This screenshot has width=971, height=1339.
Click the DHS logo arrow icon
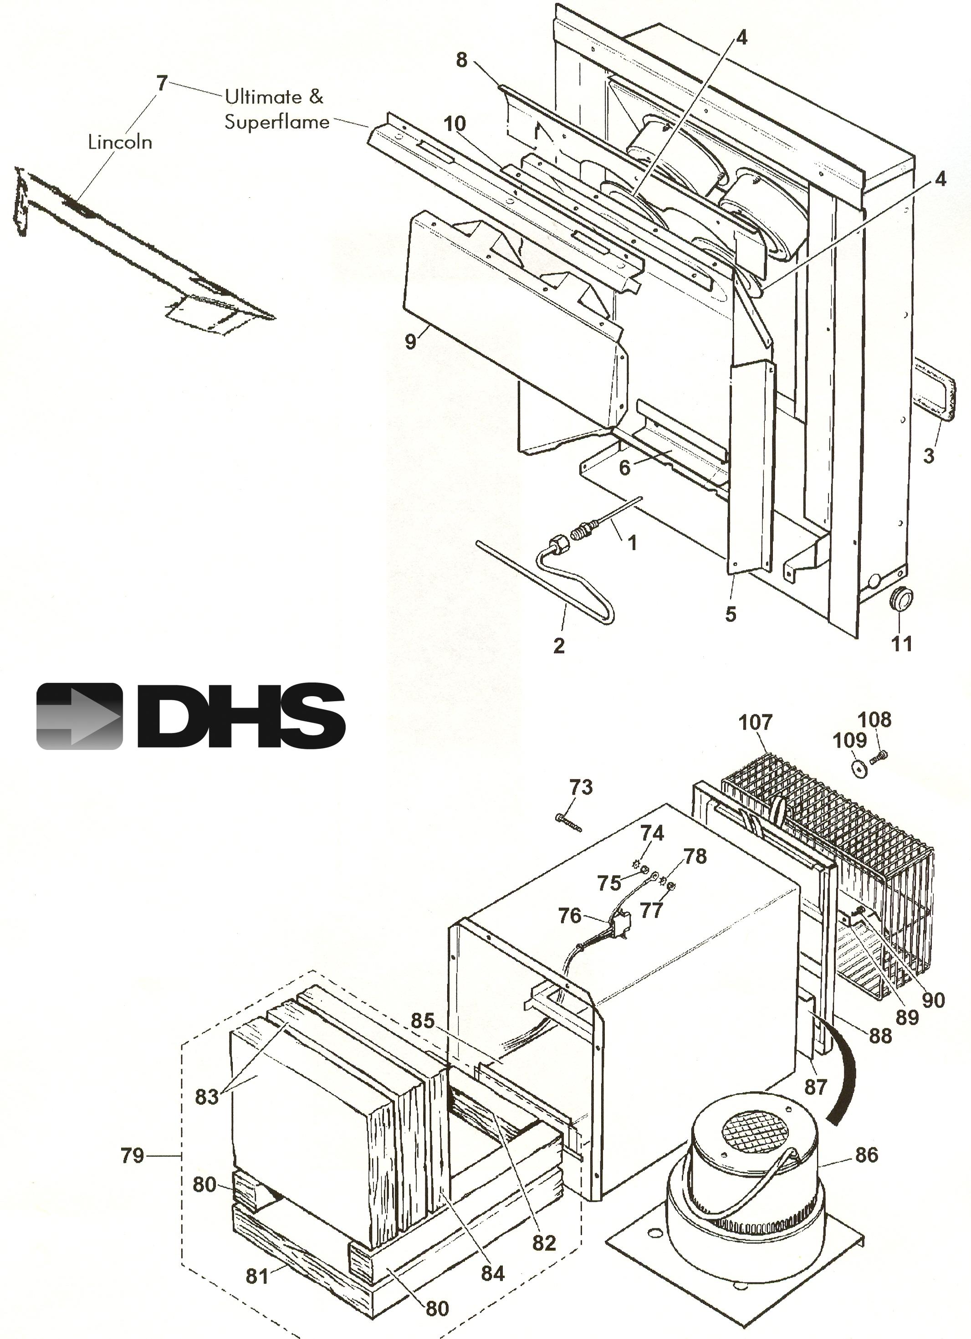[x=79, y=716]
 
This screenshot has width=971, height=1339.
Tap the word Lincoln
[x=120, y=142]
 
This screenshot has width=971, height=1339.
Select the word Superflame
[x=277, y=122]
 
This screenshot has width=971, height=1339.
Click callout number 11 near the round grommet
[x=901, y=643]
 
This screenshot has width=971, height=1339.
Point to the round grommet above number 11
[x=899, y=599]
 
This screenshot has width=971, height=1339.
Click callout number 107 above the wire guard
[x=756, y=722]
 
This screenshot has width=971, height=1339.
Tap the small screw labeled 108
[x=879, y=757]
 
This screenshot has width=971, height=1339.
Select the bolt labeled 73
[x=568, y=822]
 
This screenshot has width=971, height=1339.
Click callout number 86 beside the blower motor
[x=867, y=1154]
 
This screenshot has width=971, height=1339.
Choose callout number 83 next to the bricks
[x=207, y=1096]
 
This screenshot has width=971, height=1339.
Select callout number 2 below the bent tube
[x=559, y=645]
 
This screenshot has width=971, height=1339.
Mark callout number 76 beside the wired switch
[x=570, y=916]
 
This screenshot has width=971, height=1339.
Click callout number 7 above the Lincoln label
[x=162, y=83]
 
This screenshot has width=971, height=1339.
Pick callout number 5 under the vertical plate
[x=731, y=614]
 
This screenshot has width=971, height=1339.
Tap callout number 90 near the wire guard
[x=933, y=1000]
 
